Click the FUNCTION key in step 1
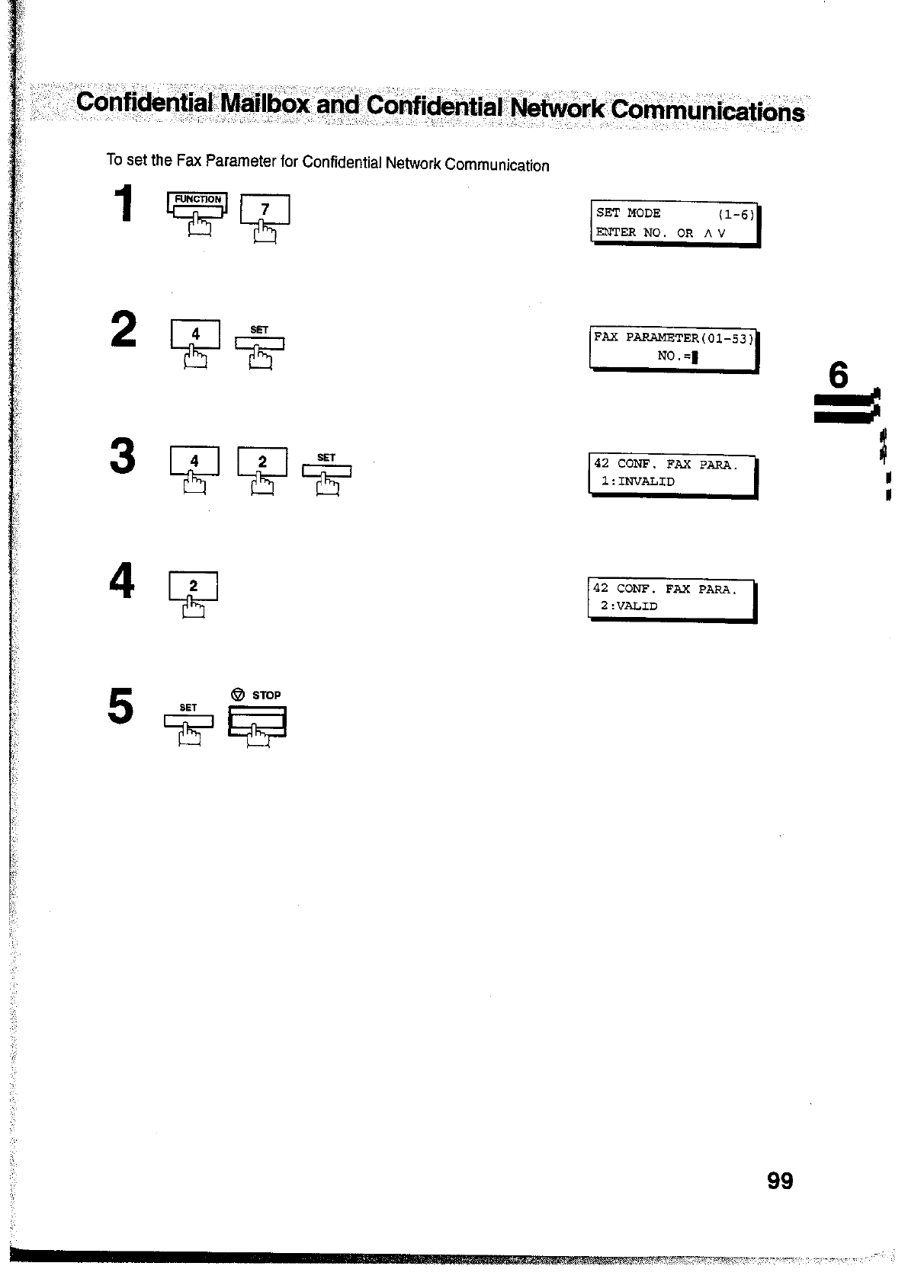pyautogui.click(x=197, y=206)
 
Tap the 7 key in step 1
pyautogui.click(x=265, y=209)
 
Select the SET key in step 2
pyautogui.click(x=259, y=343)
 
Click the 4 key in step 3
pyautogui.click(x=194, y=462)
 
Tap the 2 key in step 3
pyautogui.click(x=262, y=462)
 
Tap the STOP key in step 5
pyautogui.click(x=258, y=721)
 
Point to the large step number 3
pyautogui.click(x=123, y=457)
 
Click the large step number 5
pyautogui.click(x=121, y=707)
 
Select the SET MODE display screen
pyautogui.click(x=675, y=222)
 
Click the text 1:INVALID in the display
pyautogui.click(x=638, y=481)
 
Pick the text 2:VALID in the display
pyautogui.click(x=629, y=606)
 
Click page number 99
pyautogui.click(x=780, y=1181)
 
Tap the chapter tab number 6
pyautogui.click(x=838, y=376)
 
